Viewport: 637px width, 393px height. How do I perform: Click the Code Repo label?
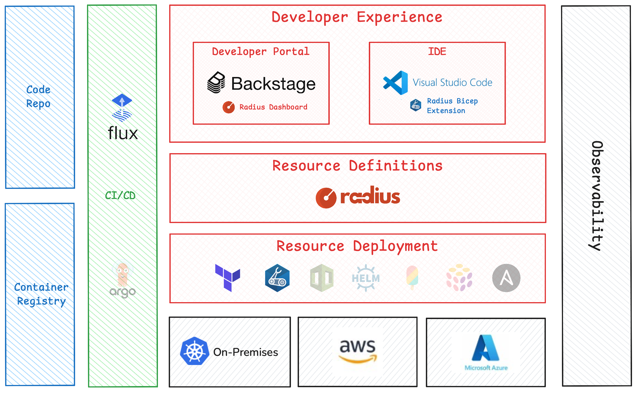[39, 96]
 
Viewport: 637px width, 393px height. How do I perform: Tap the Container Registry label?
[41, 294]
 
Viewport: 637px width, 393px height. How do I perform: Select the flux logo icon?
[122, 108]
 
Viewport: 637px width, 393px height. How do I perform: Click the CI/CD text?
[120, 196]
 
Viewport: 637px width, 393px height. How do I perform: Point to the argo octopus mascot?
[122, 274]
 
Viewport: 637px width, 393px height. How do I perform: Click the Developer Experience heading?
[357, 17]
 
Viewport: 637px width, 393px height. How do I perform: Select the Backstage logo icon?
[216, 83]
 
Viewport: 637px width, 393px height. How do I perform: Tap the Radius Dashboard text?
[273, 107]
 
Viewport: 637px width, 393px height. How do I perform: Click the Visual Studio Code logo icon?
[396, 83]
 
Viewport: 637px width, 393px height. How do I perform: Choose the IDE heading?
[437, 52]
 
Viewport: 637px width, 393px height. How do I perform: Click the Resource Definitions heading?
[357, 166]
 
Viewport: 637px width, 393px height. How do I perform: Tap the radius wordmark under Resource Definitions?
[370, 196]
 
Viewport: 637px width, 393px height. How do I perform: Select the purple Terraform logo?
[227, 278]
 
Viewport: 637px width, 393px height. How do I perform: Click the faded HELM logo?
[366, 278]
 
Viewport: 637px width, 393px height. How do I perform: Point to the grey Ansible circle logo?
[506, 278]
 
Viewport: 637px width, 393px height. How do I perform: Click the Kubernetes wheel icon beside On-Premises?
[195, 351]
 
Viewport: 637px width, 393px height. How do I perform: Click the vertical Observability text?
[597, 196]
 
